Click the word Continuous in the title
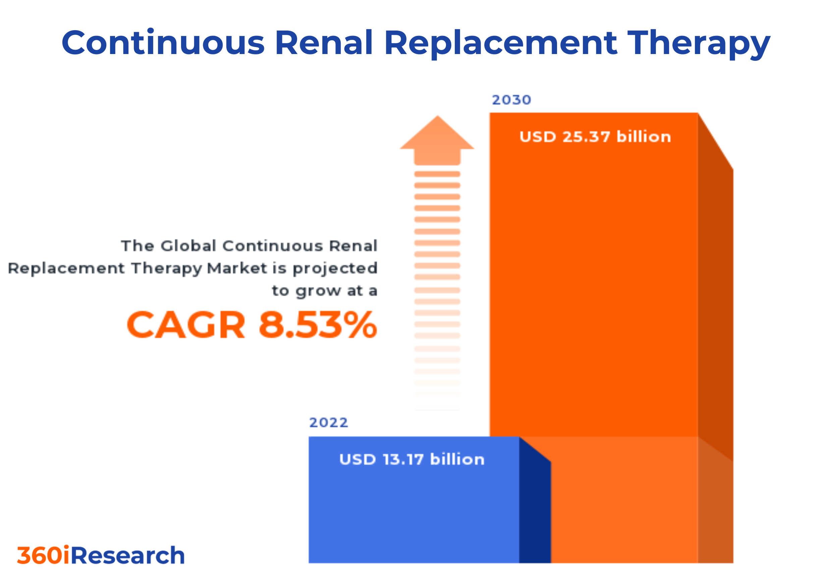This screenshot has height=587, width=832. [x=163, y=43]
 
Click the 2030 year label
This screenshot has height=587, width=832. [x=511, y=100]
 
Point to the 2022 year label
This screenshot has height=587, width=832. [x=328, y=423]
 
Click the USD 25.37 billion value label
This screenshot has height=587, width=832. [x=595, y=137]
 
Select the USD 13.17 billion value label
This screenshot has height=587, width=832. [x=412, y=459]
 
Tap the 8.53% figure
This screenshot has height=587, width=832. [x=318, y=325]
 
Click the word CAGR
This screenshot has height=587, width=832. [x=186, y=325]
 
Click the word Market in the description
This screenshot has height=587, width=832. [x=237, y=268]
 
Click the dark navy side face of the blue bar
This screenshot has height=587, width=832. [x=535, y=507]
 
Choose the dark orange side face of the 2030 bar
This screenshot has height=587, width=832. [x=715, y=290]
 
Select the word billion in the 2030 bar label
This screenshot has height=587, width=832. [x=644, y=137]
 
